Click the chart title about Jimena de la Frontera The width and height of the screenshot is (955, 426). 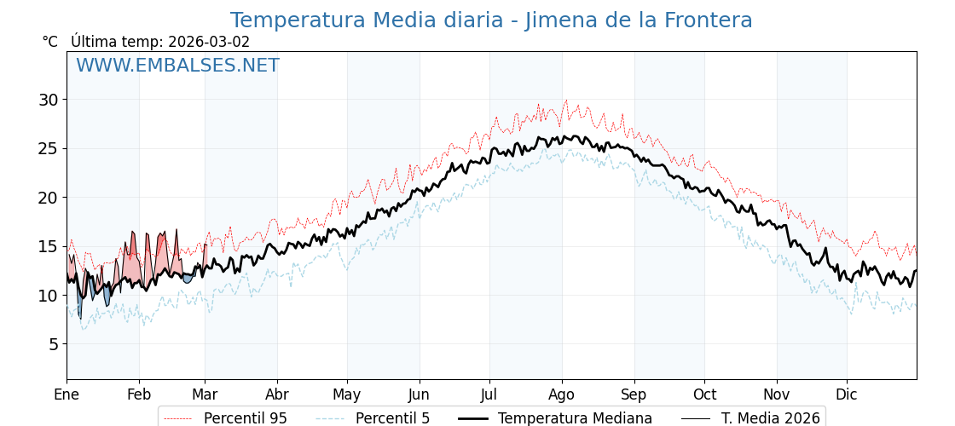tap(491, 20)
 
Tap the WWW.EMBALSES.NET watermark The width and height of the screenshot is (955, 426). tap(177, 66)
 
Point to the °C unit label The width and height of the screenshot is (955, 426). tap(50, 42)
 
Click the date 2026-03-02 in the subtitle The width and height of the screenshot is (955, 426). tap(209, 42)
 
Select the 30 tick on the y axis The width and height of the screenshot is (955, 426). tap(49, 100)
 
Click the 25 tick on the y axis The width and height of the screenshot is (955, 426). tap(49, 148)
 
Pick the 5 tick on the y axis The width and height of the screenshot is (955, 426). tap(53, 344)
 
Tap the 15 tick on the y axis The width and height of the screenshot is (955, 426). tap(49, 246)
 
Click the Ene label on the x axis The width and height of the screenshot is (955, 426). tap(67, 394)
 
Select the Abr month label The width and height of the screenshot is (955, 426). tap(277, 394)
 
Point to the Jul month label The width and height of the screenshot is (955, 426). tap(489, 394)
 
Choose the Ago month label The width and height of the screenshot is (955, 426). tap(562, 394)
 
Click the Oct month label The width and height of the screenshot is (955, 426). tap(704, 394)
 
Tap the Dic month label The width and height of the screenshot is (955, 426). tap(847, 394)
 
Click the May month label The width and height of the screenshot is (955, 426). tap(347, 394)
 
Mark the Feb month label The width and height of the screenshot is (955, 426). tap(139, 394)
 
